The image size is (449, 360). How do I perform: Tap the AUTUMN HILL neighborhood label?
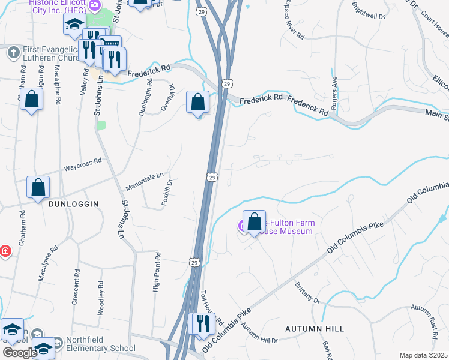click(x=315, y=329)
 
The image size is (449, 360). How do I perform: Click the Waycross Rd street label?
click(x=83, y=161)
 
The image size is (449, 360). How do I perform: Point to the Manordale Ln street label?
click(x=144, y=182)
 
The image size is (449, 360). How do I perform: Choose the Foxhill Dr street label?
click(x=167, y=192)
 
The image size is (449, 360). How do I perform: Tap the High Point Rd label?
click(x=157, y=272)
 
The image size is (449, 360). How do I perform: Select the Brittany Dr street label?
click(x=307, y=293)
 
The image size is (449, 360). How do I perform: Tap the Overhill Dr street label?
click(x=167, y=97)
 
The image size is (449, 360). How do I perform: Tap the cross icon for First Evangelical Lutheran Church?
click(x=13, y=52)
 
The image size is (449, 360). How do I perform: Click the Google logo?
click(x=19, y=353)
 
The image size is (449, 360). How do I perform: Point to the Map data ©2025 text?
click(x=423, y=355)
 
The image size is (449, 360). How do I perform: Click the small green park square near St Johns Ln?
click(x=101, y=125)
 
